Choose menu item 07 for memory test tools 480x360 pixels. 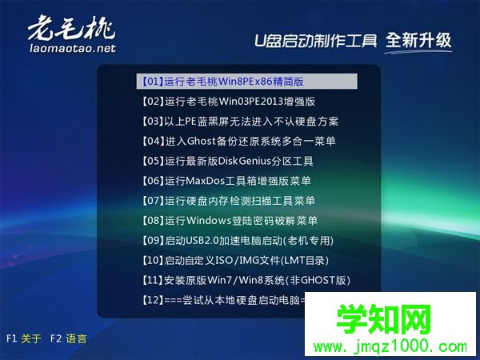pyautogui.click(x=227, y=201)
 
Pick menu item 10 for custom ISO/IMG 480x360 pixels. pyautogui.click(x=234, y=260)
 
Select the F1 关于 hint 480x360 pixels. pyautogui.click(x=23, y=338)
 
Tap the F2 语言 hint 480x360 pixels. pyautogui.click(x=68, y=338)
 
